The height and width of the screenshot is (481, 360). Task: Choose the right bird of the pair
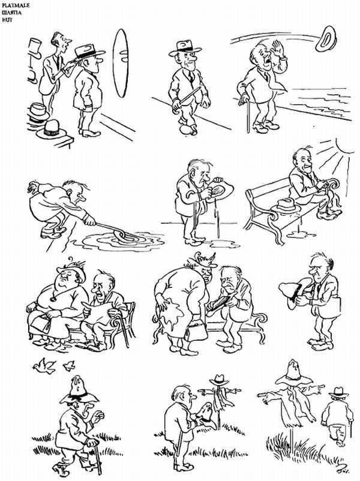coord(68,364)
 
